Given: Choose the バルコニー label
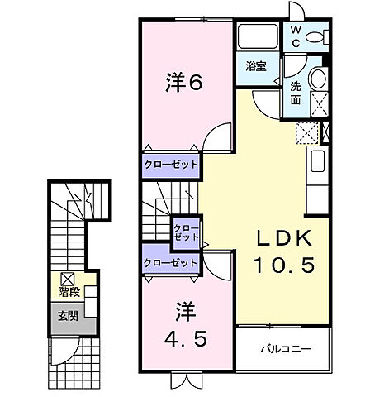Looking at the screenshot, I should point(285,348).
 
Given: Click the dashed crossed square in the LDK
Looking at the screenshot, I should point(307,131).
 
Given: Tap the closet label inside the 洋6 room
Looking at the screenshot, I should point(172,164).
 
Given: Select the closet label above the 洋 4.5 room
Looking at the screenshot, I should point(171,262).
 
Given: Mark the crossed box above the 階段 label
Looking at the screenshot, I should point(65,279).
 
